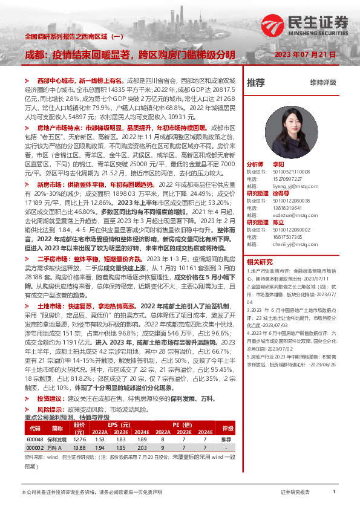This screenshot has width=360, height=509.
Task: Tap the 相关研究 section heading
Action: pyautogui.click(x=260, y=262)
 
